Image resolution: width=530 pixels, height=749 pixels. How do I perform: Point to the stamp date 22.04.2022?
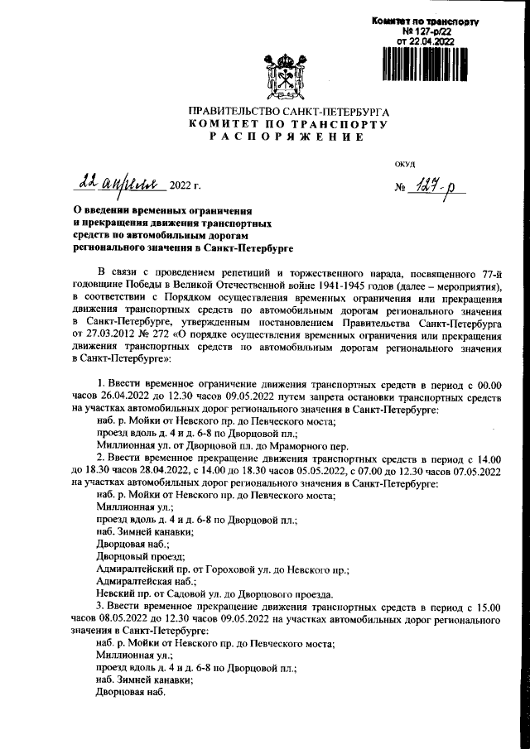[x=426, y=40]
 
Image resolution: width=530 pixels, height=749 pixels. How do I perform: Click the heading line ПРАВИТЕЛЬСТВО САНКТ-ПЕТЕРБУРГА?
[x=288, y=110]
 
